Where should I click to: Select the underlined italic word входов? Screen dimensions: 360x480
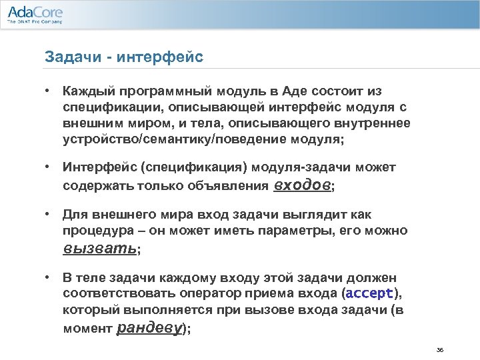(x=302, y=186)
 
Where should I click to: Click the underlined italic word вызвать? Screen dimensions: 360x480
(x=99, y=250)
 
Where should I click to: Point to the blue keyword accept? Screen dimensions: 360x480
(x=371, y=294)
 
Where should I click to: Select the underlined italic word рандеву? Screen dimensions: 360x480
(x=151, y=329)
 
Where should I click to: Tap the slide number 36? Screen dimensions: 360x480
(x=439, y=350)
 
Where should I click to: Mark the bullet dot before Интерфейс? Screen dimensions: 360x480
(x=49, y=167)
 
